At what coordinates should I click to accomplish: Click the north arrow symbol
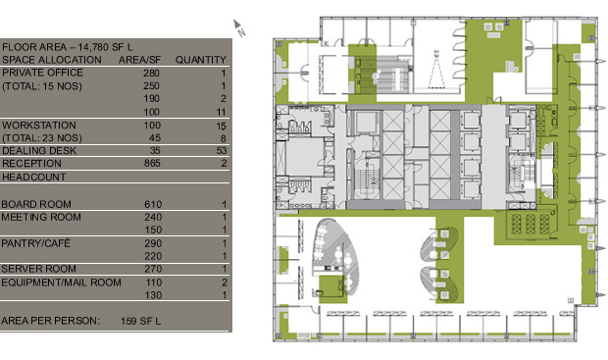pos(239,27)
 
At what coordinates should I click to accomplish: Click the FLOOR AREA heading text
pos(67,47)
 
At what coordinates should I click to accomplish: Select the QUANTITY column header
pos(200,60)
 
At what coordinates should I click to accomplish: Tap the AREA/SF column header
pos(139,60)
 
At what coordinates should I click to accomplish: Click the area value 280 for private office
pos(151,73)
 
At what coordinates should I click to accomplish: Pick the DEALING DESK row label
pos(39,150)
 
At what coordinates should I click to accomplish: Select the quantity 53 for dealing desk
pos(222,150)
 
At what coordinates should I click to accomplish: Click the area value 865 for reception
pos(152,163)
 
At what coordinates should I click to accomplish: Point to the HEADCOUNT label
pos(33,177)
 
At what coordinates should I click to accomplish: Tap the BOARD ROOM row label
pos(36,204)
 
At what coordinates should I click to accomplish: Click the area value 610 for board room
pos(153,204)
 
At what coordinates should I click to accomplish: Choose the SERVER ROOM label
pos(38,269)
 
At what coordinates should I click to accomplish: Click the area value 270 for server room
pos(153,269)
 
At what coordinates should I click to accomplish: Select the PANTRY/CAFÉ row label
pos(35,243)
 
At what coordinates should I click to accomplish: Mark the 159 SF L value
pos(140,321)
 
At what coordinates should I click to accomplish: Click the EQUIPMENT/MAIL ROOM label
pos(61,283)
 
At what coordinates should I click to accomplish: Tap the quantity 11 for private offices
pos(221,112)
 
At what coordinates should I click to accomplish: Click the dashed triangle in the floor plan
pos(436,70)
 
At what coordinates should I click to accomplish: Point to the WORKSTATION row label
pos(39,126)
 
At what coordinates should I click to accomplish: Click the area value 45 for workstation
pos(155,138)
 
